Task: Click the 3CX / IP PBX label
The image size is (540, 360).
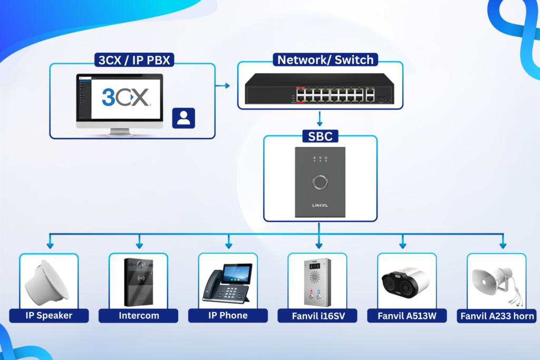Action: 134,60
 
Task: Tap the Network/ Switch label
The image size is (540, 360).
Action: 325,60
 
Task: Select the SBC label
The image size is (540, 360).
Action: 320,137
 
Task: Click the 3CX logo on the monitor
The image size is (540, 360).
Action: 126,98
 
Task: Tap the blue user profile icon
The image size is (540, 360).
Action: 184,118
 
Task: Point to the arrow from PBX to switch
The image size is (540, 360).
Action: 223,86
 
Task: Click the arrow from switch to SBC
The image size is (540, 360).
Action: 320,119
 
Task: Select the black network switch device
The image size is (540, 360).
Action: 319,89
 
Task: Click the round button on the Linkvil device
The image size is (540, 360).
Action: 320,182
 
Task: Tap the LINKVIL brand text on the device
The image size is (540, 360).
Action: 320,206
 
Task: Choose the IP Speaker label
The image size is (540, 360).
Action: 49,316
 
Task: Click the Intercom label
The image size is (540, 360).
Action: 139,316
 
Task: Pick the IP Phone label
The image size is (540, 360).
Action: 228,316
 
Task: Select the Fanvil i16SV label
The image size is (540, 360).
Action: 317,316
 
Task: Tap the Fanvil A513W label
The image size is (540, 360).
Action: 407,316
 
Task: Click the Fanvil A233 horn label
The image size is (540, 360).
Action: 497,316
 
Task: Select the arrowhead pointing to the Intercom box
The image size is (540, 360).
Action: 139,246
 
